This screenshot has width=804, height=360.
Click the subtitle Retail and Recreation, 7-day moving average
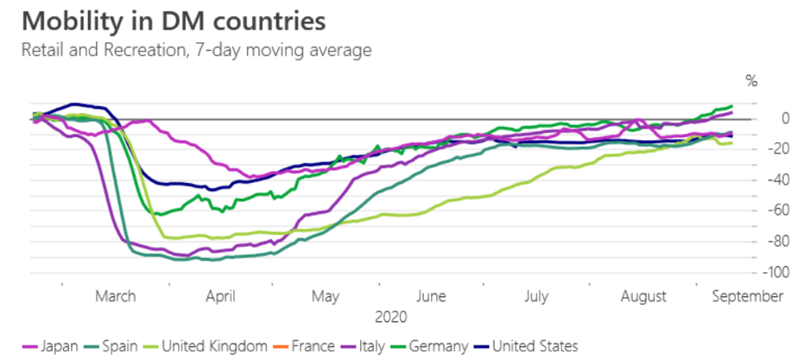[x=197, y=50]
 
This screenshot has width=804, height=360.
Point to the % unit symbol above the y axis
[x=751, y=82]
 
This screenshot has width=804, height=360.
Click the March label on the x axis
[x=116, y=296]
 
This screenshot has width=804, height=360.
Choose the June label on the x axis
[x=431, y=296]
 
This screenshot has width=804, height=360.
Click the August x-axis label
[x=643, y=296]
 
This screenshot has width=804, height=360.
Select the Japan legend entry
[x=52, y=346]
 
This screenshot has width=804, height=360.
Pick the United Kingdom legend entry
[x=205, y=346]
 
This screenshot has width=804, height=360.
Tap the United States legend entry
[x=531, y=346]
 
